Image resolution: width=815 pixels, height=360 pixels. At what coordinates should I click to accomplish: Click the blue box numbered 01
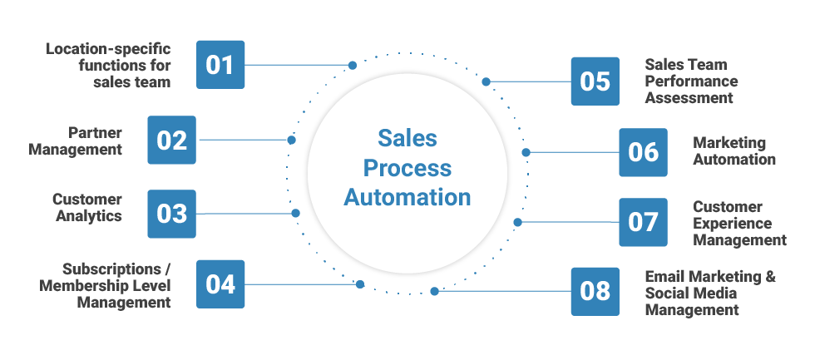[x=220, y=65]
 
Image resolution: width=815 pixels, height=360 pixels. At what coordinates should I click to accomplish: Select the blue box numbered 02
[x=172, y=140]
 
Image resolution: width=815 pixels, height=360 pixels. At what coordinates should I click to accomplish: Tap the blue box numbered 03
[x=172, y=214]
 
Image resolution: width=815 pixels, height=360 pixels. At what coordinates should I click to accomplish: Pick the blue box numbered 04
[x=220, y=284]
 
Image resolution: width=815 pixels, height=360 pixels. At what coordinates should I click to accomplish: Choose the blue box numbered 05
[x=595, y=81]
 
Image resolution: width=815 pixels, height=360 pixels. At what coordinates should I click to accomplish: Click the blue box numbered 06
[x=643, y=152]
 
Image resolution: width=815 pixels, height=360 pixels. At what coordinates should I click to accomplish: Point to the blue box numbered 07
[x=643, y=222]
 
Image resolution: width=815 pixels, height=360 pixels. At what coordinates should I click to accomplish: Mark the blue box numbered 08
[x=595, y=292]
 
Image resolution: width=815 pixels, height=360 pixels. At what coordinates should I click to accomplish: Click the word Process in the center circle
[x=407, y=168]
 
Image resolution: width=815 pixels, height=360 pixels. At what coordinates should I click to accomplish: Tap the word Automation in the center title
[x=407, y=198]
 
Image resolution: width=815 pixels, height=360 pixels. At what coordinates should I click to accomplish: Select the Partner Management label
[x=76, y=141]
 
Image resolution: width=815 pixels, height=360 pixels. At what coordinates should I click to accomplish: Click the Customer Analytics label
[x=87, y=208]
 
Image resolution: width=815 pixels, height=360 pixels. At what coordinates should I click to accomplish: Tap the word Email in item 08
[x=665, y=277]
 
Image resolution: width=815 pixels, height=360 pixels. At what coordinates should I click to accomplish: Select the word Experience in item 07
[x=732, y=224]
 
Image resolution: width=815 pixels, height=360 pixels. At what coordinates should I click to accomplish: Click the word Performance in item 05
[x=691, y=81]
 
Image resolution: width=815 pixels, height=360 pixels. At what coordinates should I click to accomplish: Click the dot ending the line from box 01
[x=353, y=65]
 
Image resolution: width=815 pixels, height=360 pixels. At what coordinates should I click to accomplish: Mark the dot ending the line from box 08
[x=434, y=291]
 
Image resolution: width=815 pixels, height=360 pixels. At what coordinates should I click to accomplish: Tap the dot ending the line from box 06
[x=526, y=152]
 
